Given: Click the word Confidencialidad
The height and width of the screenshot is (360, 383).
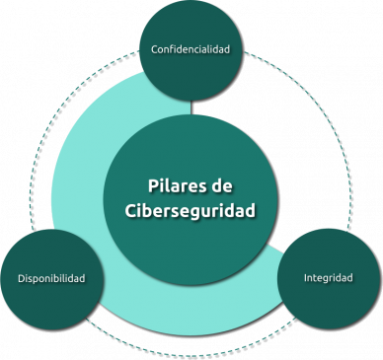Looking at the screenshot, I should pyautogui.click(x=191, y=48).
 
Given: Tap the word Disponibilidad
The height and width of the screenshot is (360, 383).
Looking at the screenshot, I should pyautogui.click(x=58, y=279).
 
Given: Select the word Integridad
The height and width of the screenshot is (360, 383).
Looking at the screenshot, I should pyautogui.click(x=328, y=278).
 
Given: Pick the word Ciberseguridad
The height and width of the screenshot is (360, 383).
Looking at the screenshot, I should pyautogui.click(x=191, y=210).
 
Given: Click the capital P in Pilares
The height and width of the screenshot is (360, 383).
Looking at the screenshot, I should pyautogui.click(x=152, y=184).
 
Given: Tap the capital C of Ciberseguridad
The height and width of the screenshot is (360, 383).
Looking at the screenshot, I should pyautogui.click(x=132, y=210).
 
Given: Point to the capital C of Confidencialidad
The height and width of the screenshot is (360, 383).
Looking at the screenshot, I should pyautogui.click(x=154, y=48).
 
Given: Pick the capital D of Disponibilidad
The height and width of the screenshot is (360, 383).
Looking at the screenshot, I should pyautogui.click(x=22, y=279).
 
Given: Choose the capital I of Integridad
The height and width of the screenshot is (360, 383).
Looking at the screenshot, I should pyautogui.click(x=305, y=278).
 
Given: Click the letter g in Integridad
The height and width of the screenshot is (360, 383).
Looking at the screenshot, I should pyautogui.click(x=325, y=280).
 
